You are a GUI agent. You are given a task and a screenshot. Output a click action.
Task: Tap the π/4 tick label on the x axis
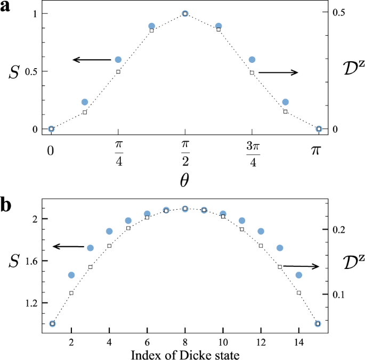tap(118, 153)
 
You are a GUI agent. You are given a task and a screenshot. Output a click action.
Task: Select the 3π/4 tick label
tap(252, 153)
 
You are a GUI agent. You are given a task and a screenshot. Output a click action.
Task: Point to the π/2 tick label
tap(185, 153)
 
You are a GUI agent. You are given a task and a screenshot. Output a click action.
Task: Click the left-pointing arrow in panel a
tap(91, 60)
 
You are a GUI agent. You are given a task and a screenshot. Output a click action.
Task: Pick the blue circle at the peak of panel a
tap(185, 13)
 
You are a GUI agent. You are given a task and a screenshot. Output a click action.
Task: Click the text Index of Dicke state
tap(184, 354)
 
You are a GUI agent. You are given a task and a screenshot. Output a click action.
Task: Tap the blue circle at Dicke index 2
tap(71, 275)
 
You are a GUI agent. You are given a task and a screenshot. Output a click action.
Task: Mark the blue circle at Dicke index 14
tap(298, 275)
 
